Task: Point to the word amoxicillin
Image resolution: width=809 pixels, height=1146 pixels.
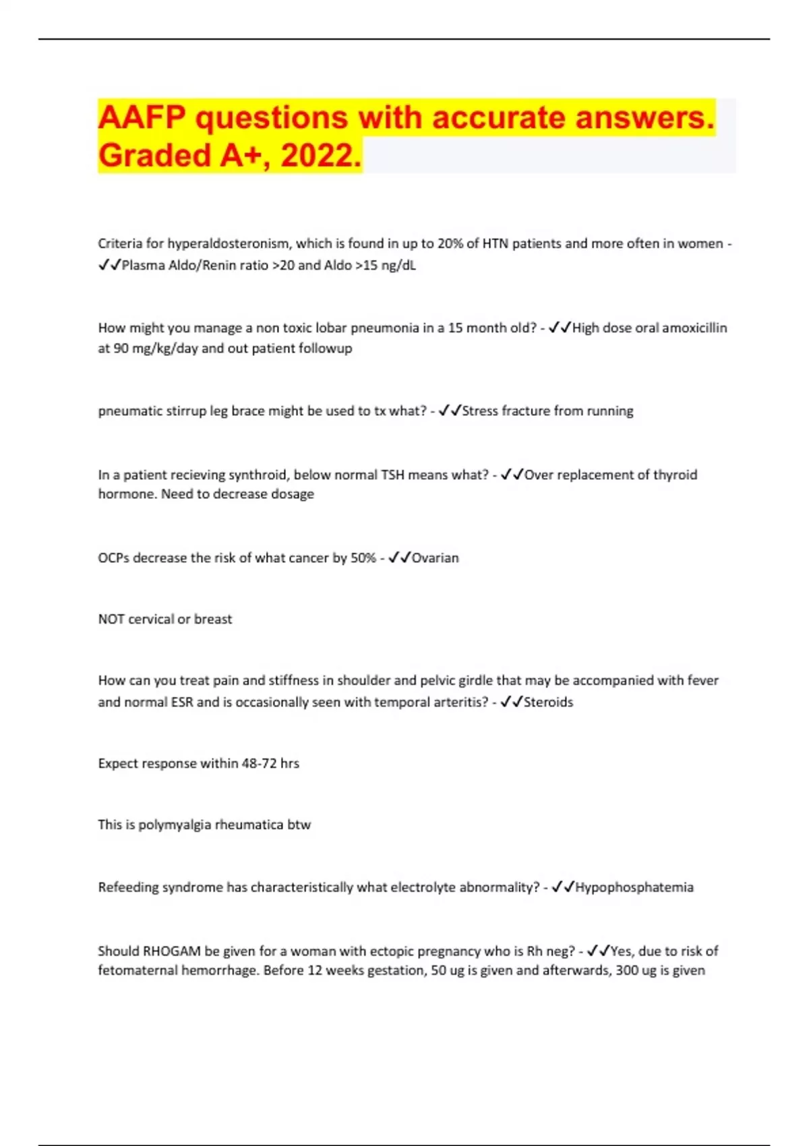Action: [694, 328]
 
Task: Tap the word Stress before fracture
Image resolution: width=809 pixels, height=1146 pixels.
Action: [480, 411]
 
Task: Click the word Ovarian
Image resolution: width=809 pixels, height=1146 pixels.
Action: [435, 557]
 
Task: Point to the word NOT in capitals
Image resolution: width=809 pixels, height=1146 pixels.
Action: [111, 619]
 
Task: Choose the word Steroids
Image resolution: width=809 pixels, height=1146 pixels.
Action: [548, 702]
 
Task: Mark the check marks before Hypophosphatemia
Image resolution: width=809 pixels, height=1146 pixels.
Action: [562, 887]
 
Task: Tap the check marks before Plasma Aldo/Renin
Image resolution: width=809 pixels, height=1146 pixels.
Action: [109, 265]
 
